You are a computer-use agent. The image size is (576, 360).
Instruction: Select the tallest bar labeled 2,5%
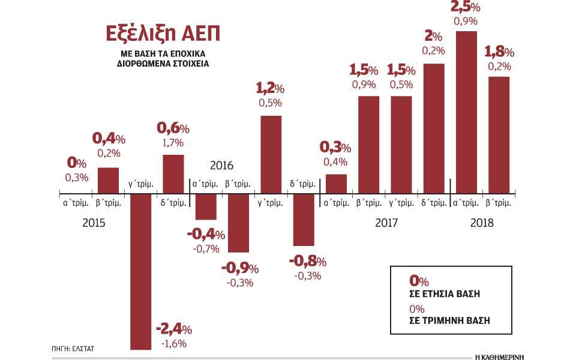point(466,111)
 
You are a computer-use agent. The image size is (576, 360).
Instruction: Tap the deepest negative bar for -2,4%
point(141,270)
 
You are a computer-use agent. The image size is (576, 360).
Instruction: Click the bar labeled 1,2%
point(271,153)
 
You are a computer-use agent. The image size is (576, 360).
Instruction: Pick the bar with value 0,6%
point(173,173)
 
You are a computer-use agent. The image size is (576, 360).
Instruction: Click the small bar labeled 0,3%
point(336,182)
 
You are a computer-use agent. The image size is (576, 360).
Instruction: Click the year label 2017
point(388,223)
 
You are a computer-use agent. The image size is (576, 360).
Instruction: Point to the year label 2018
point(482,223)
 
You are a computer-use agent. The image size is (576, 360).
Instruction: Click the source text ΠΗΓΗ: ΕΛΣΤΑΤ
point(70,347)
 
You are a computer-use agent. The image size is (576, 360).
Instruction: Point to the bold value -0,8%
point(308,262)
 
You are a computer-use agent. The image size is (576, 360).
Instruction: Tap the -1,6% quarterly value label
point(173,343)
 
